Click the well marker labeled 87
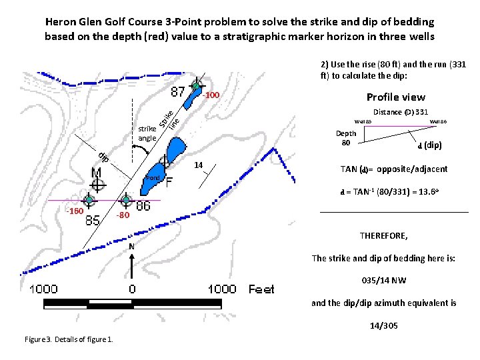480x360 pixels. pos(196,86)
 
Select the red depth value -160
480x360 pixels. pos(74,212)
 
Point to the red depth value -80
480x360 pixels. pos(121,215)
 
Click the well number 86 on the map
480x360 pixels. pos(143,207)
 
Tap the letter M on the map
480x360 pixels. pos(97,174)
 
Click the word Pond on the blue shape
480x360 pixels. pos(153,179)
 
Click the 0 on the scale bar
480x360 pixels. pos(132,289)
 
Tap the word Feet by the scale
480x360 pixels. pos(261,289)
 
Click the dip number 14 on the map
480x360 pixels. pos(199,165)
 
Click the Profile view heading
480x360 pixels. pos(396,97)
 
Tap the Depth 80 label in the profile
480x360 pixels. pos(345,138)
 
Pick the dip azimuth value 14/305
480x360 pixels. pos(383,326)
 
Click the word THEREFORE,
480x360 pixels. pos(384,236)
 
